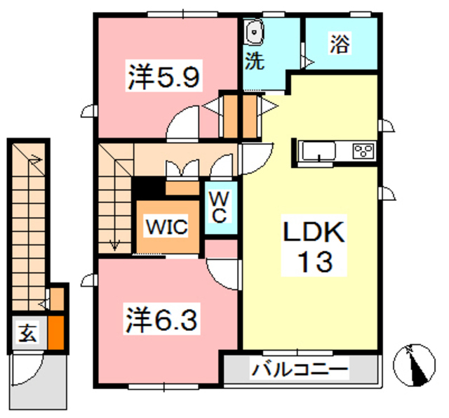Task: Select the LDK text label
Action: [314, 233]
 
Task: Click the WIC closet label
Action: [166, 227]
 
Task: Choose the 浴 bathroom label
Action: [339, 44]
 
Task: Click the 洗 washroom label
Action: [255, 61]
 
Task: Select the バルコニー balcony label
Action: [300, 367]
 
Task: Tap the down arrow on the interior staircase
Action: [114, 244]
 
